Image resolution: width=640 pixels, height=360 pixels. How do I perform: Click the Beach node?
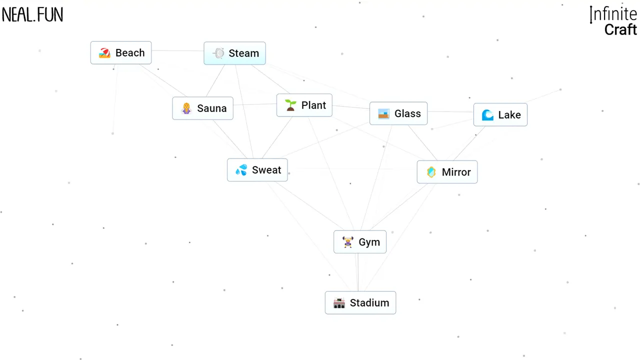click(121, 53)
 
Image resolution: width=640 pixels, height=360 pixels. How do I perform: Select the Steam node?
click(234, 53)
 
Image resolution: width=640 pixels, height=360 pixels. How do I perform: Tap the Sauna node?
click(202, 108)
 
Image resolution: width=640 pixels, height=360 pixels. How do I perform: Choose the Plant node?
click(304, 105)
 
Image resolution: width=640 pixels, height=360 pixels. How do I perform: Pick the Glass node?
click(398, 113)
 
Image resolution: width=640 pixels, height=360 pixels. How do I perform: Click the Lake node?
click(500, 114)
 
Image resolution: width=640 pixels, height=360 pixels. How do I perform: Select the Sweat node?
click(257, 170)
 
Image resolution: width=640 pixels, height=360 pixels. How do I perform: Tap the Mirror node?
click(447, 172)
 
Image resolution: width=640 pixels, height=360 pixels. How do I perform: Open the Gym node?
click(360, 242)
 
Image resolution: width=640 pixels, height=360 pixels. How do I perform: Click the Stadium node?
click(360, 303)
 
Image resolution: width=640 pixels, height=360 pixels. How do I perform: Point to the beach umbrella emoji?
click(104, 53)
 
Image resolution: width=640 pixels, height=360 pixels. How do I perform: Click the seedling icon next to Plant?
click(290, 105)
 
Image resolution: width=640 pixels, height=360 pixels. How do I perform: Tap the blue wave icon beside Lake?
click(487, 115)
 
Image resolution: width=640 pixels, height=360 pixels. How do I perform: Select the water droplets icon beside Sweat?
click(241, 170)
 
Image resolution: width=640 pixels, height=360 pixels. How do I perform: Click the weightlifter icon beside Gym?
click(347, 242)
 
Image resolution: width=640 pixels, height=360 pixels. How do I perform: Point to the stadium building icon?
click(339, 303)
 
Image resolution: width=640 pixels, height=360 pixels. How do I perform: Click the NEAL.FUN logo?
click(32, 15)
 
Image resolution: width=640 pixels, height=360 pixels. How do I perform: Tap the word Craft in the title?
click(620, 29)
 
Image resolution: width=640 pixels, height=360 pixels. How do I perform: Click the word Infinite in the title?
click(613, 14)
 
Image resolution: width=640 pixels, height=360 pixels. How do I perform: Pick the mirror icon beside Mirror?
click(431, 172)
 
